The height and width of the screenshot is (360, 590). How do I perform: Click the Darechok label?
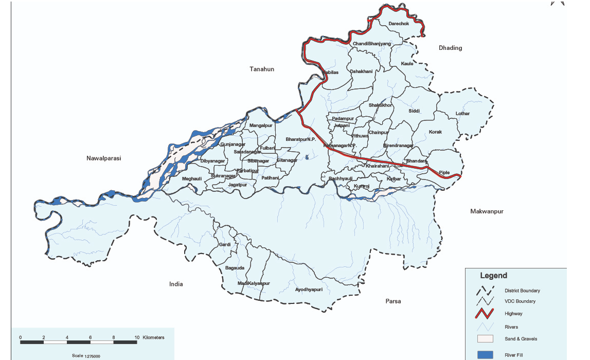399,24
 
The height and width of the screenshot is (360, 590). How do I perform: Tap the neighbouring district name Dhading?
450,48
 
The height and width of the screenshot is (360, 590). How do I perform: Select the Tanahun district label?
262,69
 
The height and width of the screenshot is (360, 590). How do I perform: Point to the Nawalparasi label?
103,158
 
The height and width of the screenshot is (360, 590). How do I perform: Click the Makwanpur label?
487,211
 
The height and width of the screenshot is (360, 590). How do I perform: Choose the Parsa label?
393,301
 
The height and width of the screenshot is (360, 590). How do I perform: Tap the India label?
176,284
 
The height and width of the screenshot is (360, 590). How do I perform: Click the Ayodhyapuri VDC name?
309,290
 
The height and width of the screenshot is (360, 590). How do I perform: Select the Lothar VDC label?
462,114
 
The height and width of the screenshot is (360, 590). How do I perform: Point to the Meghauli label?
192,178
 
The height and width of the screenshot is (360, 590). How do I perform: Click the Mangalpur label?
260,125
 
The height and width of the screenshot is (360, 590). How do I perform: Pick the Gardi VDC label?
225,244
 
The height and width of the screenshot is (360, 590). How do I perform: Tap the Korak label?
435,132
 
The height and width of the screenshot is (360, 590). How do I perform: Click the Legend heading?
493,276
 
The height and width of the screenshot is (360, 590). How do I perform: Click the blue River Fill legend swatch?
485,355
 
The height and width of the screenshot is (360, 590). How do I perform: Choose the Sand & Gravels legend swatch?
485,338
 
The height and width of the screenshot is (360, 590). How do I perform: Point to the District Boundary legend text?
522,291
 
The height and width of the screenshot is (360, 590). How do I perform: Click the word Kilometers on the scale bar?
154,337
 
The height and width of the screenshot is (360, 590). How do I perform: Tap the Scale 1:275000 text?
86,356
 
